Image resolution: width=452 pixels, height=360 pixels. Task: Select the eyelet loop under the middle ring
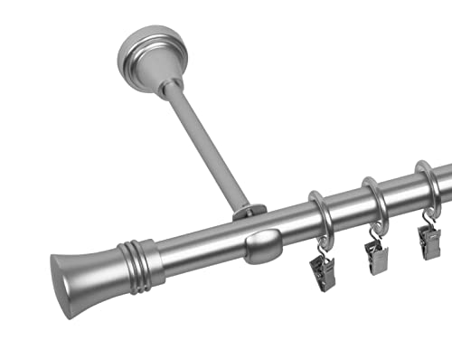[373, 228]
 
